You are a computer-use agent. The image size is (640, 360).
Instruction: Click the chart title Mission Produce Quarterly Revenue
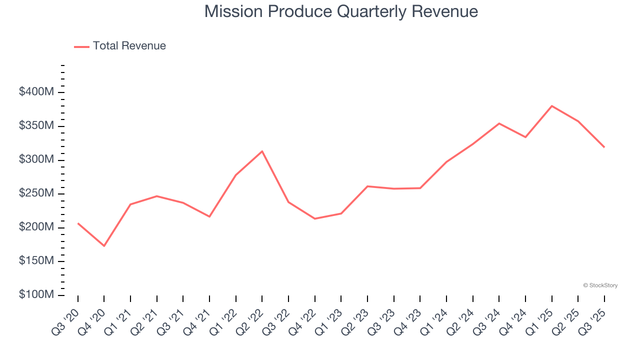(341, 11)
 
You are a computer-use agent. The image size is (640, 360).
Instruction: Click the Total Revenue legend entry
(120, 46)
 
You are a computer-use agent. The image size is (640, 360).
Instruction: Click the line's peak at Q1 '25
(551, 106)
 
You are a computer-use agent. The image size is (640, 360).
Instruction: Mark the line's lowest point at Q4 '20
(104, 245)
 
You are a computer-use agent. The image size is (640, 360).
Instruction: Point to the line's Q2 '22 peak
(262, 151)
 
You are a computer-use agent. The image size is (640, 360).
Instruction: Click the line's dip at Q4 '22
(314, 218)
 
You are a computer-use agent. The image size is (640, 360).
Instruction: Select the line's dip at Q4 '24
(525, 137)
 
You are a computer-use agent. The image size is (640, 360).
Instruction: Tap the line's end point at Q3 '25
(604, 147)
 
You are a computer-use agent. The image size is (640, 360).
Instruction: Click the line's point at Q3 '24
(499, 123)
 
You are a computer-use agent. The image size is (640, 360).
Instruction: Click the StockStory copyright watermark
(600, 285)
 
